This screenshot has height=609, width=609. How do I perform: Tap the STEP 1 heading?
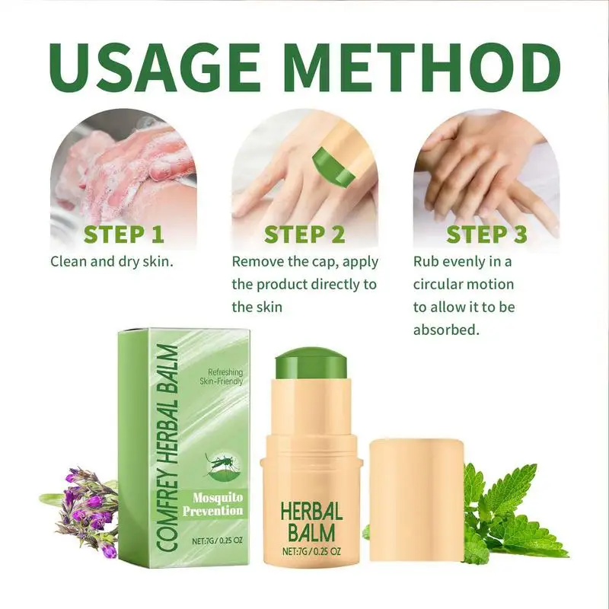click(x=123, y=234)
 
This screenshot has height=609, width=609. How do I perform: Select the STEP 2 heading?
click(x=304, y=234)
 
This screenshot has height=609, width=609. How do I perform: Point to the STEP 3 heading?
click(x=486, y=234)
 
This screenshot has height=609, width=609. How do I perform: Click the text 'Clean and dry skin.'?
click(x=113, y=261)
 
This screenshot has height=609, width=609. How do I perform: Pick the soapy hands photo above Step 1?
click(x=123, y=164)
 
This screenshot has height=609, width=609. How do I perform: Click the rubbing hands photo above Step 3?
click(x=486, y=164)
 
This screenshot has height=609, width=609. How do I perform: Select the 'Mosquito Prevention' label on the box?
click(x=214, y=503)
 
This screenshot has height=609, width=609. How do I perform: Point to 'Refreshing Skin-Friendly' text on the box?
click(x=220, y=376)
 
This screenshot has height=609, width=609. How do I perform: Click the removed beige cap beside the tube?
click(x=416, y=502)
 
